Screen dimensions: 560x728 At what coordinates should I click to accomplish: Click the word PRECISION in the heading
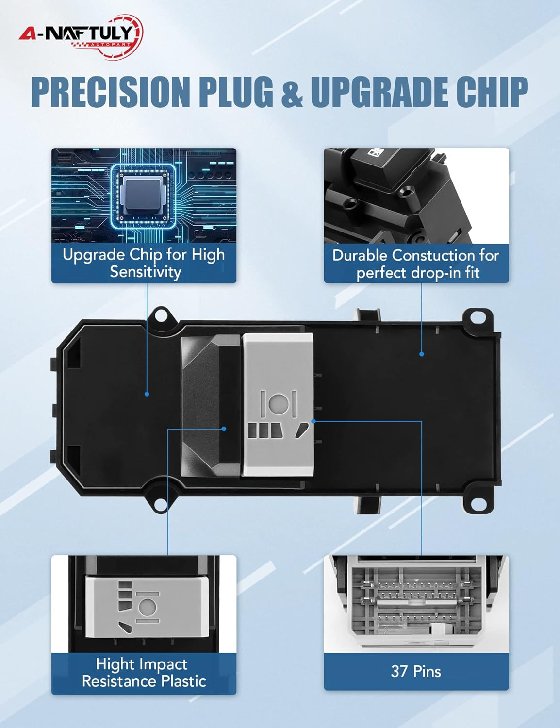(x=110, y=91)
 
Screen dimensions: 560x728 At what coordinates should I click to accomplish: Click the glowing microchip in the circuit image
(x=143, y=196)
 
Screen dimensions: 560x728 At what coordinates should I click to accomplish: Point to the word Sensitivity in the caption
(x=146, y=271)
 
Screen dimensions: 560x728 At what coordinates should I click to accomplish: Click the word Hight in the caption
(x=115, y=664)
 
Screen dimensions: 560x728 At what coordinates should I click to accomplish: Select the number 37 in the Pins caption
(x=399, y=671)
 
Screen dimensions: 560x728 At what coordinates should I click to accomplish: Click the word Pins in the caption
(x=427, y=671)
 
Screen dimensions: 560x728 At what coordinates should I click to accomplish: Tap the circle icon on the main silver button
(x=278, y=404)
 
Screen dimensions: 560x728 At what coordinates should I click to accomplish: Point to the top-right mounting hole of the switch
(x=477, y=317)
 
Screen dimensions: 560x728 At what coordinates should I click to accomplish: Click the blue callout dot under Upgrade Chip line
(x=147, y=394)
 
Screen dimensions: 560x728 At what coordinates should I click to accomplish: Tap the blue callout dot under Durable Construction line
(x=422, y=354)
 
